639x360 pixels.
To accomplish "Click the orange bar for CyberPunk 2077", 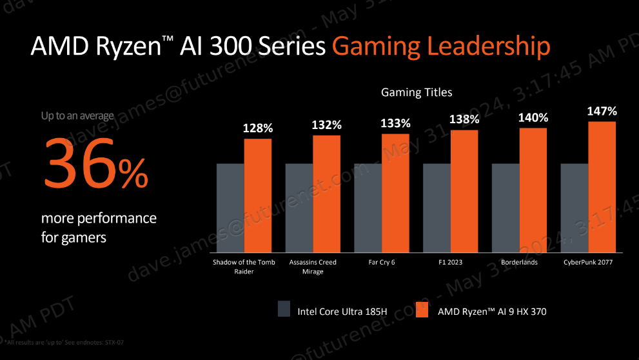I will pos(602,187).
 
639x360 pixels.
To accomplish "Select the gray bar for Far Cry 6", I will pos(368,208).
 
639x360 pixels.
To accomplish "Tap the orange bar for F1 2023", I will pos(464,191).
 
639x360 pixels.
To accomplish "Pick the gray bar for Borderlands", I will pos(506,208).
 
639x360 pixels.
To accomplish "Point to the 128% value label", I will pos(258,128).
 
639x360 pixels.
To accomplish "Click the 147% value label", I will pos(602,112).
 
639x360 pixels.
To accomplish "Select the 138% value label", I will pos(464,119).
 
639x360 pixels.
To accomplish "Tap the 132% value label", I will pos(326,125).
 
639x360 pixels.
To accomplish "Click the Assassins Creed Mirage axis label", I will pos(313,267).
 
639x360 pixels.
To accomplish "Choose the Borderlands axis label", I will pos(520,263).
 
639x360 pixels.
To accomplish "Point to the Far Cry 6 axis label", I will pos(382,263).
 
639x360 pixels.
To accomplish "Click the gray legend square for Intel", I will pos(284,310).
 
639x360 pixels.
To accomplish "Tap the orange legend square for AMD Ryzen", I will pos(422,310).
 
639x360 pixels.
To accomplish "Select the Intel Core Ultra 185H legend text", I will pos(342,312).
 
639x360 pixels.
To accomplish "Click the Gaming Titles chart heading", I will pos(417,93).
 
